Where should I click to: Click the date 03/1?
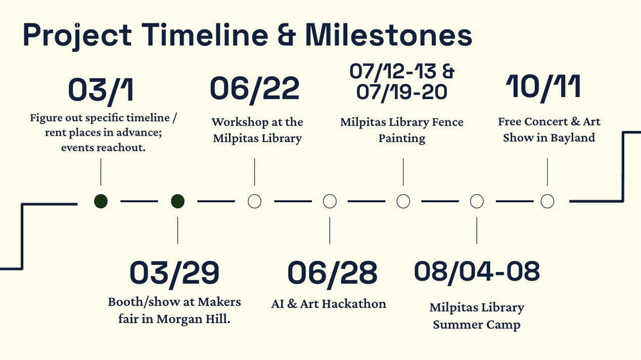coord(101,89)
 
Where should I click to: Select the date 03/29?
coord(174,273)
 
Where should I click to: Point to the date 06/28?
coord(332,273)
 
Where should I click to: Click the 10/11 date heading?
coord(543,87)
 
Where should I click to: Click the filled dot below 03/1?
coord(101,201)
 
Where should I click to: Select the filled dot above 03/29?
coord(177,201)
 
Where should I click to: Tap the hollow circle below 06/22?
coord(254,201)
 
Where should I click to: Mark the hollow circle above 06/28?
coord(330,201)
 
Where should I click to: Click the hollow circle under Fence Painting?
coord(403,201)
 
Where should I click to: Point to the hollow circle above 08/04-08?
coord(477,201)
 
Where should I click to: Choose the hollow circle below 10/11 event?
coord(547,201)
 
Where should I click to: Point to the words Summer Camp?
coord(476,325)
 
